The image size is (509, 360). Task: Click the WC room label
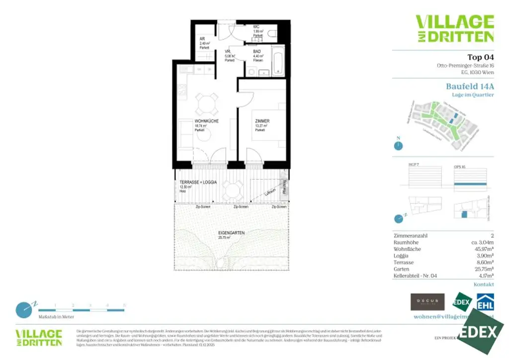[256, 27]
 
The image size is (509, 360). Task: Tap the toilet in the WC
[271, 33]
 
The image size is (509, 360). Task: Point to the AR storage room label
[202, 39]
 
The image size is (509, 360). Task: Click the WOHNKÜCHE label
[193, 121]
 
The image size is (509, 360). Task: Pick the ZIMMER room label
[262, 121]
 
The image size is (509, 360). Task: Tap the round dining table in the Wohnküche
[205, 103]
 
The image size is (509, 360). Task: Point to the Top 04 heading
[480, 57]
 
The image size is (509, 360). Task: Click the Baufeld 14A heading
[470, 86]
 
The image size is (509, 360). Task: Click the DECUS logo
[427, 302]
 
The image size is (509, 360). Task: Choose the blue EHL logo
[485, 302]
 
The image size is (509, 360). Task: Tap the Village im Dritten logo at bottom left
[39, 338]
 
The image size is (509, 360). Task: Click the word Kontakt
[484, 284]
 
